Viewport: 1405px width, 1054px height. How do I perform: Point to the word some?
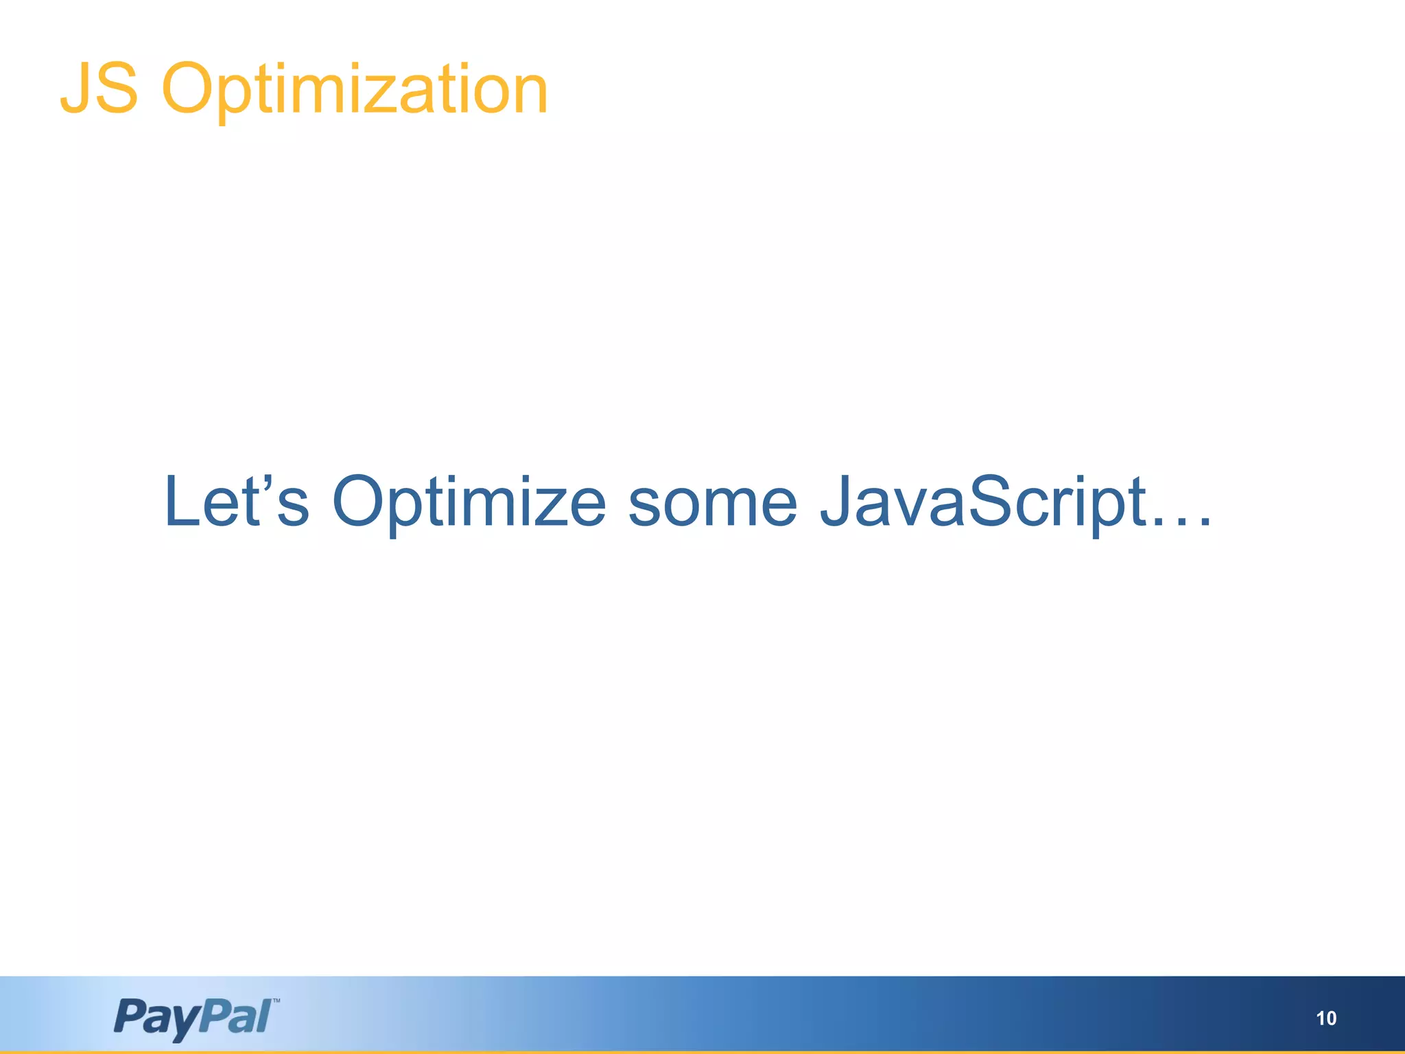(x=713, y=503)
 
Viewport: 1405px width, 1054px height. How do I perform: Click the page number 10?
(x=1326, y=1018)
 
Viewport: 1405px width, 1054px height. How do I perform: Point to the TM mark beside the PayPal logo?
(x=276, y=1001)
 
